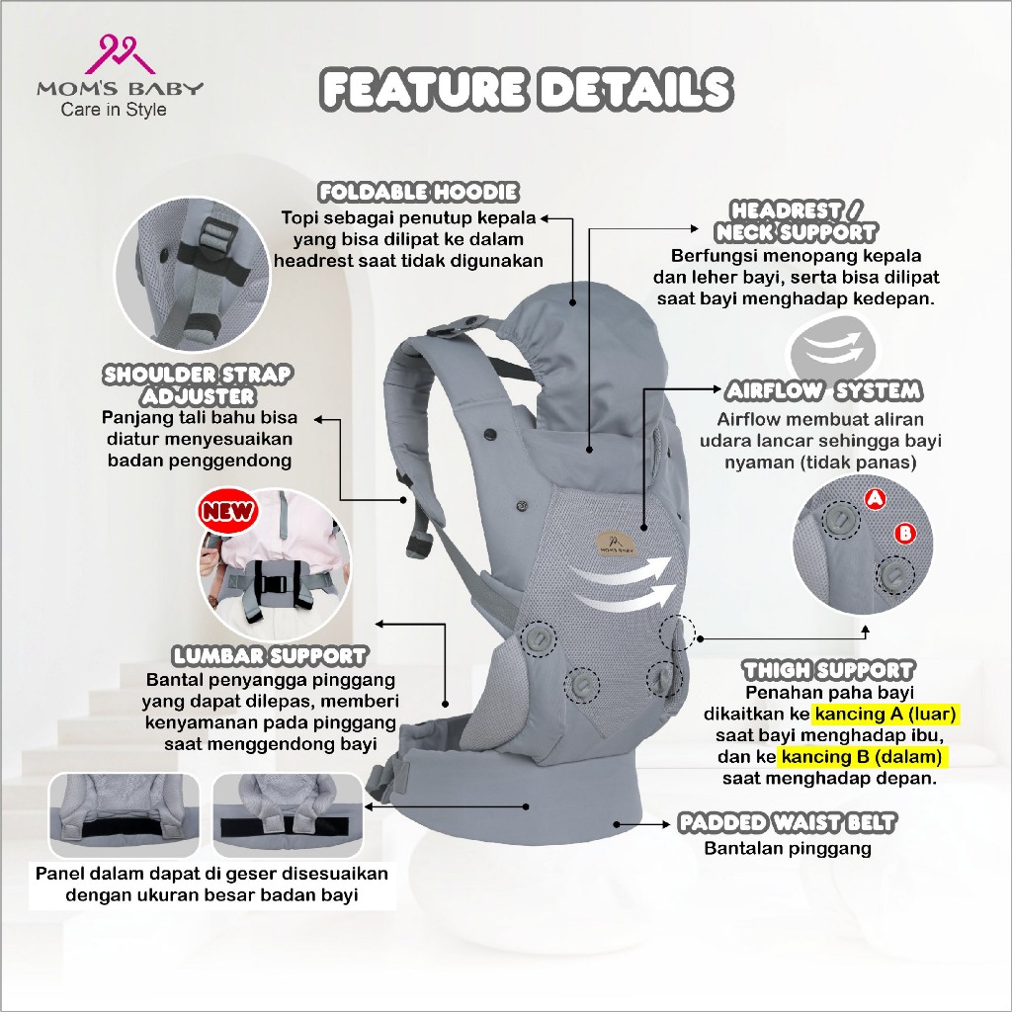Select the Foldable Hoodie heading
(x=418, y=192)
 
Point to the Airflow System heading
(x=823, y=389)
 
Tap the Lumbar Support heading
(x=270, y=655)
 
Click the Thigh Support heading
(x=828, y=671)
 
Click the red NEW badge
(x=227, y=511)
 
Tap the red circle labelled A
(x=875, y=500)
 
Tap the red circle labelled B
(x=903, y=534)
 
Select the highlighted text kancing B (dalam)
(x=863, y=757)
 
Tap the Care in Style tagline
(x=114, y=110)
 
